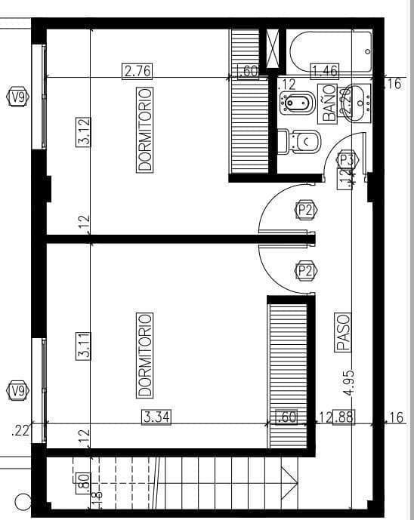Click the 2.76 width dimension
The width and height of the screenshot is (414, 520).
(137, 72)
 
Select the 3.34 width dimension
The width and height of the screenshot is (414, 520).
(156, 417)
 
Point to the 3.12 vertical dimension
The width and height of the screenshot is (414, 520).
(84, 131)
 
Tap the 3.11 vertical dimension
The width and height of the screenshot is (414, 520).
(84, 346)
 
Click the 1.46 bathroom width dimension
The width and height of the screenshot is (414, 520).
(325, 72)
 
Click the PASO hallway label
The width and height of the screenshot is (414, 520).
(342, 333)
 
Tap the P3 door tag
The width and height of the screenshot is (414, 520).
(346, 160)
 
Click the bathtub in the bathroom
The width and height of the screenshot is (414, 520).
(330, 50)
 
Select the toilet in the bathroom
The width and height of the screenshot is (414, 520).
(300, 141)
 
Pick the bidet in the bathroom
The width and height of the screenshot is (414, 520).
(297, 103)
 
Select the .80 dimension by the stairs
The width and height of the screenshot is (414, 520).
(83, 481)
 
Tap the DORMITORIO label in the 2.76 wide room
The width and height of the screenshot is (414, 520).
(145, 129)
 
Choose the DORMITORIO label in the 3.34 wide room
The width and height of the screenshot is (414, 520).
(145, 355)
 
